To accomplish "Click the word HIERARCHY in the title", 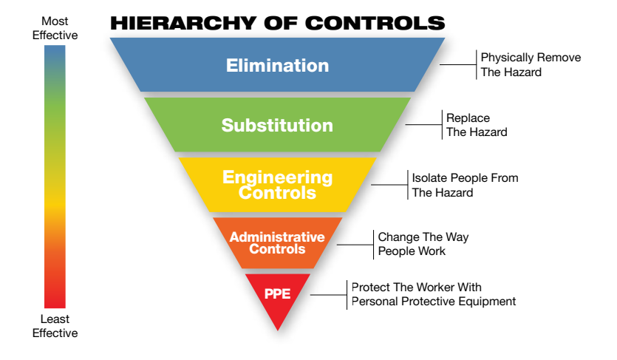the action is point(184,23).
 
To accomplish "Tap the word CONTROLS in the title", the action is point(375,23).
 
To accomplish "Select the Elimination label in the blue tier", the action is point(277,65).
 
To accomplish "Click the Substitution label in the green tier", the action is point(277,125).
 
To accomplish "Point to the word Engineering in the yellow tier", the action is point(277,177).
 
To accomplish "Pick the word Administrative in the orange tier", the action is point(277,237).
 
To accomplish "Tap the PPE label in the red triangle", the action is point(277,293).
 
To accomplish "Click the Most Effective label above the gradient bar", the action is point(55,28).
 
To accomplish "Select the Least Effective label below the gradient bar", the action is point(55,326).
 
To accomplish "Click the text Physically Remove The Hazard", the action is point(531,64).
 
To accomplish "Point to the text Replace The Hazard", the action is point(477,125).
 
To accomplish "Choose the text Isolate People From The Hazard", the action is point(465,185).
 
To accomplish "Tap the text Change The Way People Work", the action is point(423,244).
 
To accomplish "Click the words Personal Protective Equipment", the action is point(434,302).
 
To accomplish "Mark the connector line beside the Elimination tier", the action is point(458,64).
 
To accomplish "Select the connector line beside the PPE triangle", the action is point(329,295).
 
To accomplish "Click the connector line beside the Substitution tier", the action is point(424,125).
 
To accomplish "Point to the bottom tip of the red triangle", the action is point(277,330).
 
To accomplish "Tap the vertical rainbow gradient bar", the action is point(55,177).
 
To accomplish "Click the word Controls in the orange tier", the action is point(277,249).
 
